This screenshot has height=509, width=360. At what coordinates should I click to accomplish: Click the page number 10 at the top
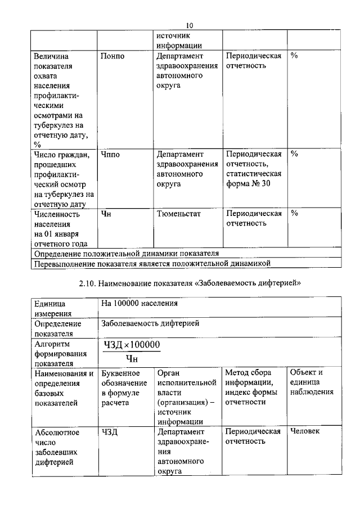pyautogui.click(x=190, y=25)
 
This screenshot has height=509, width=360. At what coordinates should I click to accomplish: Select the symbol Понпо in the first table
pyautogui.click(x=112, y=57)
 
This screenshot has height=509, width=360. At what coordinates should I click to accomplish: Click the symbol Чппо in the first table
pyautogui.click(x=111, y=154)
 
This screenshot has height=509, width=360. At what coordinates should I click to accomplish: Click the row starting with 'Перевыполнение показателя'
pyautogui.click(x=152, y=263)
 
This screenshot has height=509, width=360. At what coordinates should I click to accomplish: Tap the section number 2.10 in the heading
pyautogui.click(x=88, y=283)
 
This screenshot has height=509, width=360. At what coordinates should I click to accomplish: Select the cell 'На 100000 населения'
pyautogui.click(x=139, y=304)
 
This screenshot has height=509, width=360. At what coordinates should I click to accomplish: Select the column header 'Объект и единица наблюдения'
pyautogui.click(x=312, y=382)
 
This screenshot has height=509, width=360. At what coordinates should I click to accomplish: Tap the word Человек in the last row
pyautogui.click(x=304, y=431)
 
